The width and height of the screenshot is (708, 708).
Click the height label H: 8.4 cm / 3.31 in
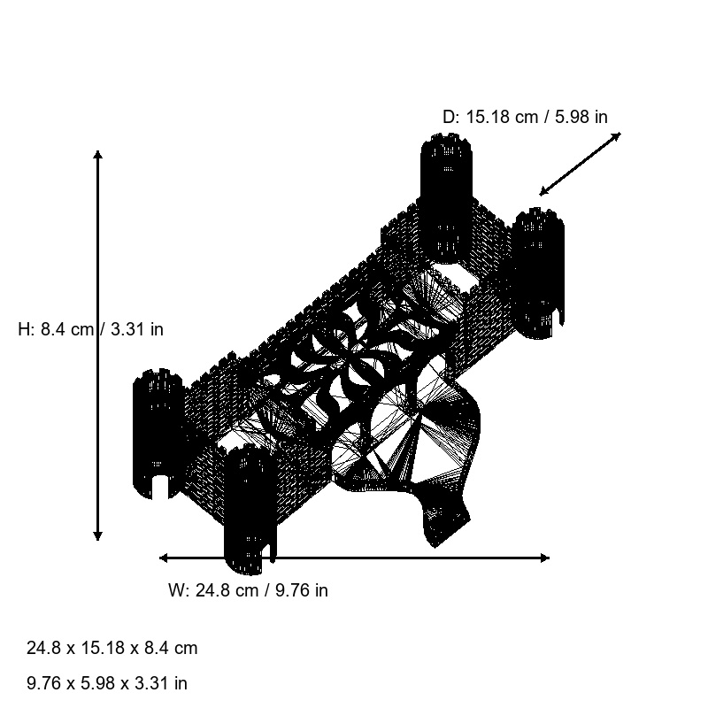(90, 329)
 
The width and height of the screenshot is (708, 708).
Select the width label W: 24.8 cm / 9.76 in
(248, 590)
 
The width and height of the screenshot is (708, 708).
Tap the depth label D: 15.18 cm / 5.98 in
(525, 117)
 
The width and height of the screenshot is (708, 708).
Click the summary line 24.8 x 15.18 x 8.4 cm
(112, 648)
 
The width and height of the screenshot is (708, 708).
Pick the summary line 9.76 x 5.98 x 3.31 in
(107, 683)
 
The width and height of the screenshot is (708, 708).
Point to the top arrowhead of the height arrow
(97, 154)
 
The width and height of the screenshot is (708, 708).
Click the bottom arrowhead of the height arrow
(97, 536)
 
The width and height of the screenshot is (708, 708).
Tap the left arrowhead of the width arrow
(163, 558)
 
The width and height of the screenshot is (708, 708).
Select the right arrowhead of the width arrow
(545, 558)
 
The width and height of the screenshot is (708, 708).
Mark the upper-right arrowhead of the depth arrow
(618, 135)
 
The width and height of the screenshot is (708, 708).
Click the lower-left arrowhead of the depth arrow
(543, 192)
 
